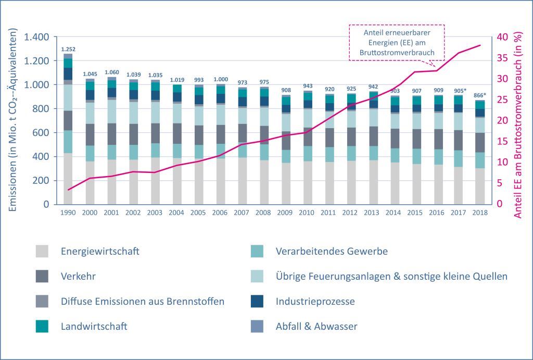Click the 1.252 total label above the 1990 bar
tap(68, 49)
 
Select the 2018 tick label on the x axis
tap(479, 213)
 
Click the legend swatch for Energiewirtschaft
tap(42, 251)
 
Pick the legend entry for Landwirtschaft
tap(94, 327)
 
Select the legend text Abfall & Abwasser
tap(316, 327)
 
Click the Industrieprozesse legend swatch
tap(257, 301)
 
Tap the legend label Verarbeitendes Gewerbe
tap(332, 251)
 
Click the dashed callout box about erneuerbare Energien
tap(397, 43)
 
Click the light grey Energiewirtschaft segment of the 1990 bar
tap(68, 178)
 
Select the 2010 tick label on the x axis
tap(307, 213)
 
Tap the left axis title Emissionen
tap(14, 121)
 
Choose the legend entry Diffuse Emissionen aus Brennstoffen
tap(142, 301)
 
